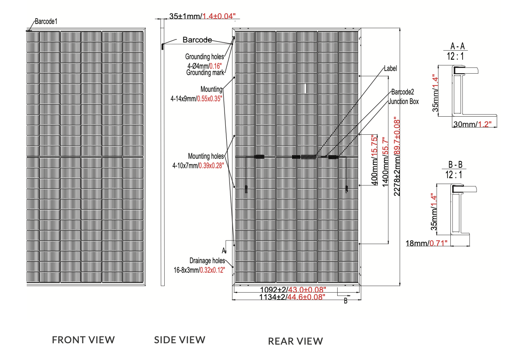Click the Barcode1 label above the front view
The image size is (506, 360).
point(46,22)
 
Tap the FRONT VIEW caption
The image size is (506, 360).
point(83,340)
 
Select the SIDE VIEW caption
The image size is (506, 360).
point(179,340)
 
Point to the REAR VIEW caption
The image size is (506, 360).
point(295,341)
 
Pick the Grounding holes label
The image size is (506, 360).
point(204,57)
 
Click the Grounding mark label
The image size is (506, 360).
point(205,72)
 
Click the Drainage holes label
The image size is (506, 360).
point(207,261)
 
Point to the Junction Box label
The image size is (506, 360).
point(403,102)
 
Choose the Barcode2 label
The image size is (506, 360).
point(402,92)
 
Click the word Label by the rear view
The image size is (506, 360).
point(390,68)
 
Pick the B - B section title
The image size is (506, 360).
point(455,165)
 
